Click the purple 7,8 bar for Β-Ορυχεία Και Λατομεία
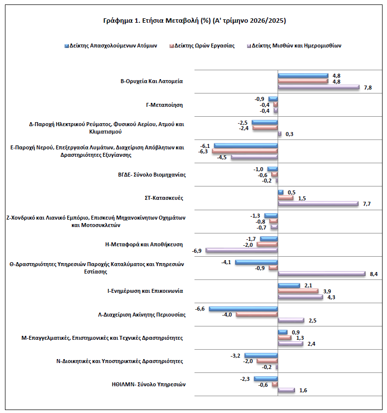[x=319, y=87]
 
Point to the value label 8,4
[x=374, y=274]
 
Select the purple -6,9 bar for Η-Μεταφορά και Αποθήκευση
[x=242, y=250]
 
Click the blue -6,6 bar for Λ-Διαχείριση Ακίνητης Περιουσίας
[x=243, y=309]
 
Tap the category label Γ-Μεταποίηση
[x=164, y=105]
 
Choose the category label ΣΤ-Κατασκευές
[x=164, y=198]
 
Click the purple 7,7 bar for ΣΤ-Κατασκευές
[x=318, y=204]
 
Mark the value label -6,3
[x=203, y=151]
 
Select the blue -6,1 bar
[x=245, y=145]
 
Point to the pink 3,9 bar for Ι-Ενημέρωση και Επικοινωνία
[x=298, y=291]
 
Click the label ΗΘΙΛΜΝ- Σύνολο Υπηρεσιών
[x=148, y=384]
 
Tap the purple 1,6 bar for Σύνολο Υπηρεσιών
[x=287, y=390]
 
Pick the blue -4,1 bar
[x=256, y=262]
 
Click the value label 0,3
[x=289, y=134]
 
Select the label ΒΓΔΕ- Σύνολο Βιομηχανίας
[x=152, y=175]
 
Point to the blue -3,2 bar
[x=261, y=355]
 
